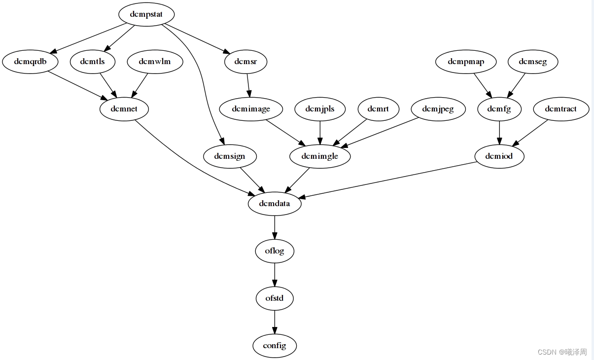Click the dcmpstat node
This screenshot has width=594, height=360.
click(x=146, y=14)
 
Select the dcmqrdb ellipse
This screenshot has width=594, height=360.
click(x=30, y=62)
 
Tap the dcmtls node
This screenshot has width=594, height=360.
click(x=92, y=62)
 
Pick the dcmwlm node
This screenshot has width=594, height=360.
click(x=155, y=62)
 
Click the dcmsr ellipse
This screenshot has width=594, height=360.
click(x=245, y=62)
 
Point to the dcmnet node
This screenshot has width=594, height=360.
click(x=124, y=109)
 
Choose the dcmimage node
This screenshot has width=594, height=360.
click(x=251, y=109)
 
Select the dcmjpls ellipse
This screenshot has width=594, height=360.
click(x=320, y=109)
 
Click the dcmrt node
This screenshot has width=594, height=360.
click(x=378, y=109)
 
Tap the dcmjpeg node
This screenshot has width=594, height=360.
click(x=438, y=109)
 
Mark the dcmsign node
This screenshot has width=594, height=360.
click(x=230, y=156)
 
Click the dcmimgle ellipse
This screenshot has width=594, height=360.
click(x=320, y=156)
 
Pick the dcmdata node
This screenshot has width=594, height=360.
click(x=275, y=204)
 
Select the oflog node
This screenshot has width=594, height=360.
click(x=275, y=251)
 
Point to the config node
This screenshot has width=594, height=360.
click(x=275, y=346)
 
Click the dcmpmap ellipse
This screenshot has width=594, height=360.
click(x=466, y=62)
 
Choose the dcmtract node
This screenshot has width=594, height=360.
click(x=561, y=109)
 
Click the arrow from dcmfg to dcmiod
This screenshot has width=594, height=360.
click(x=499, y=133)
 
